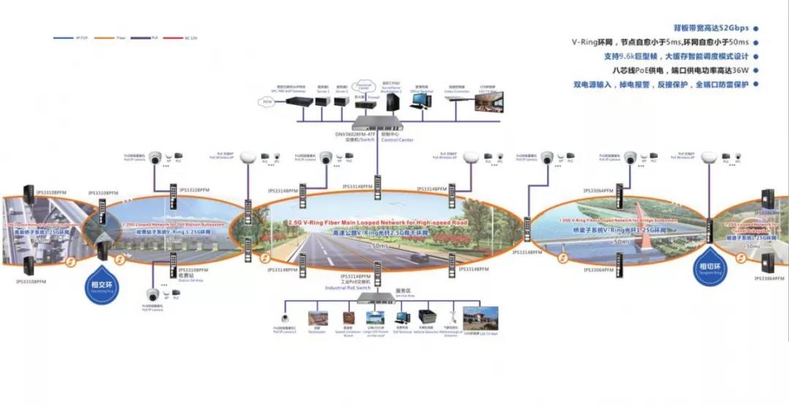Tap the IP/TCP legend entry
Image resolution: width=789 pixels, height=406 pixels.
pos(67,37)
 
